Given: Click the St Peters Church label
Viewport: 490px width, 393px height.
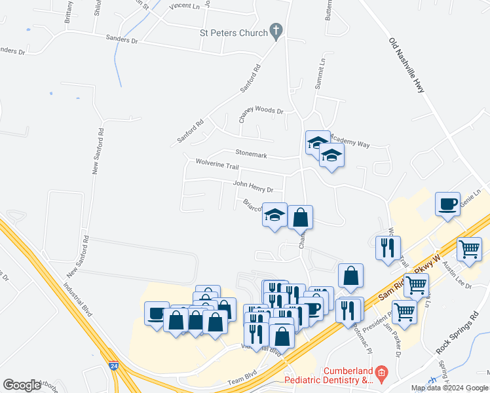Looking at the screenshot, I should click(233, 33).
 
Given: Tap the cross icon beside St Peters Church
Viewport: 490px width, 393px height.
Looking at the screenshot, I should click(276, 30).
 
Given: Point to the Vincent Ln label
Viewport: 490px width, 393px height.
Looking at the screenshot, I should click(184, 6).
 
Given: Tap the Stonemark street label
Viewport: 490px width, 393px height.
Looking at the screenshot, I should click(251, 155).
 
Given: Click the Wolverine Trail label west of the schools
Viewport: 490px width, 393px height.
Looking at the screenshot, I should click(214, 164).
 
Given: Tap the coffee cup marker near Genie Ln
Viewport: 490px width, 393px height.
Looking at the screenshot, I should click(447, 204).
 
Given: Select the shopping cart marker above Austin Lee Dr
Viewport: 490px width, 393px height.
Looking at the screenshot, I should click(469, 249).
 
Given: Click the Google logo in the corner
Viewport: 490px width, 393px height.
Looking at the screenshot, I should click(22, 385).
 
